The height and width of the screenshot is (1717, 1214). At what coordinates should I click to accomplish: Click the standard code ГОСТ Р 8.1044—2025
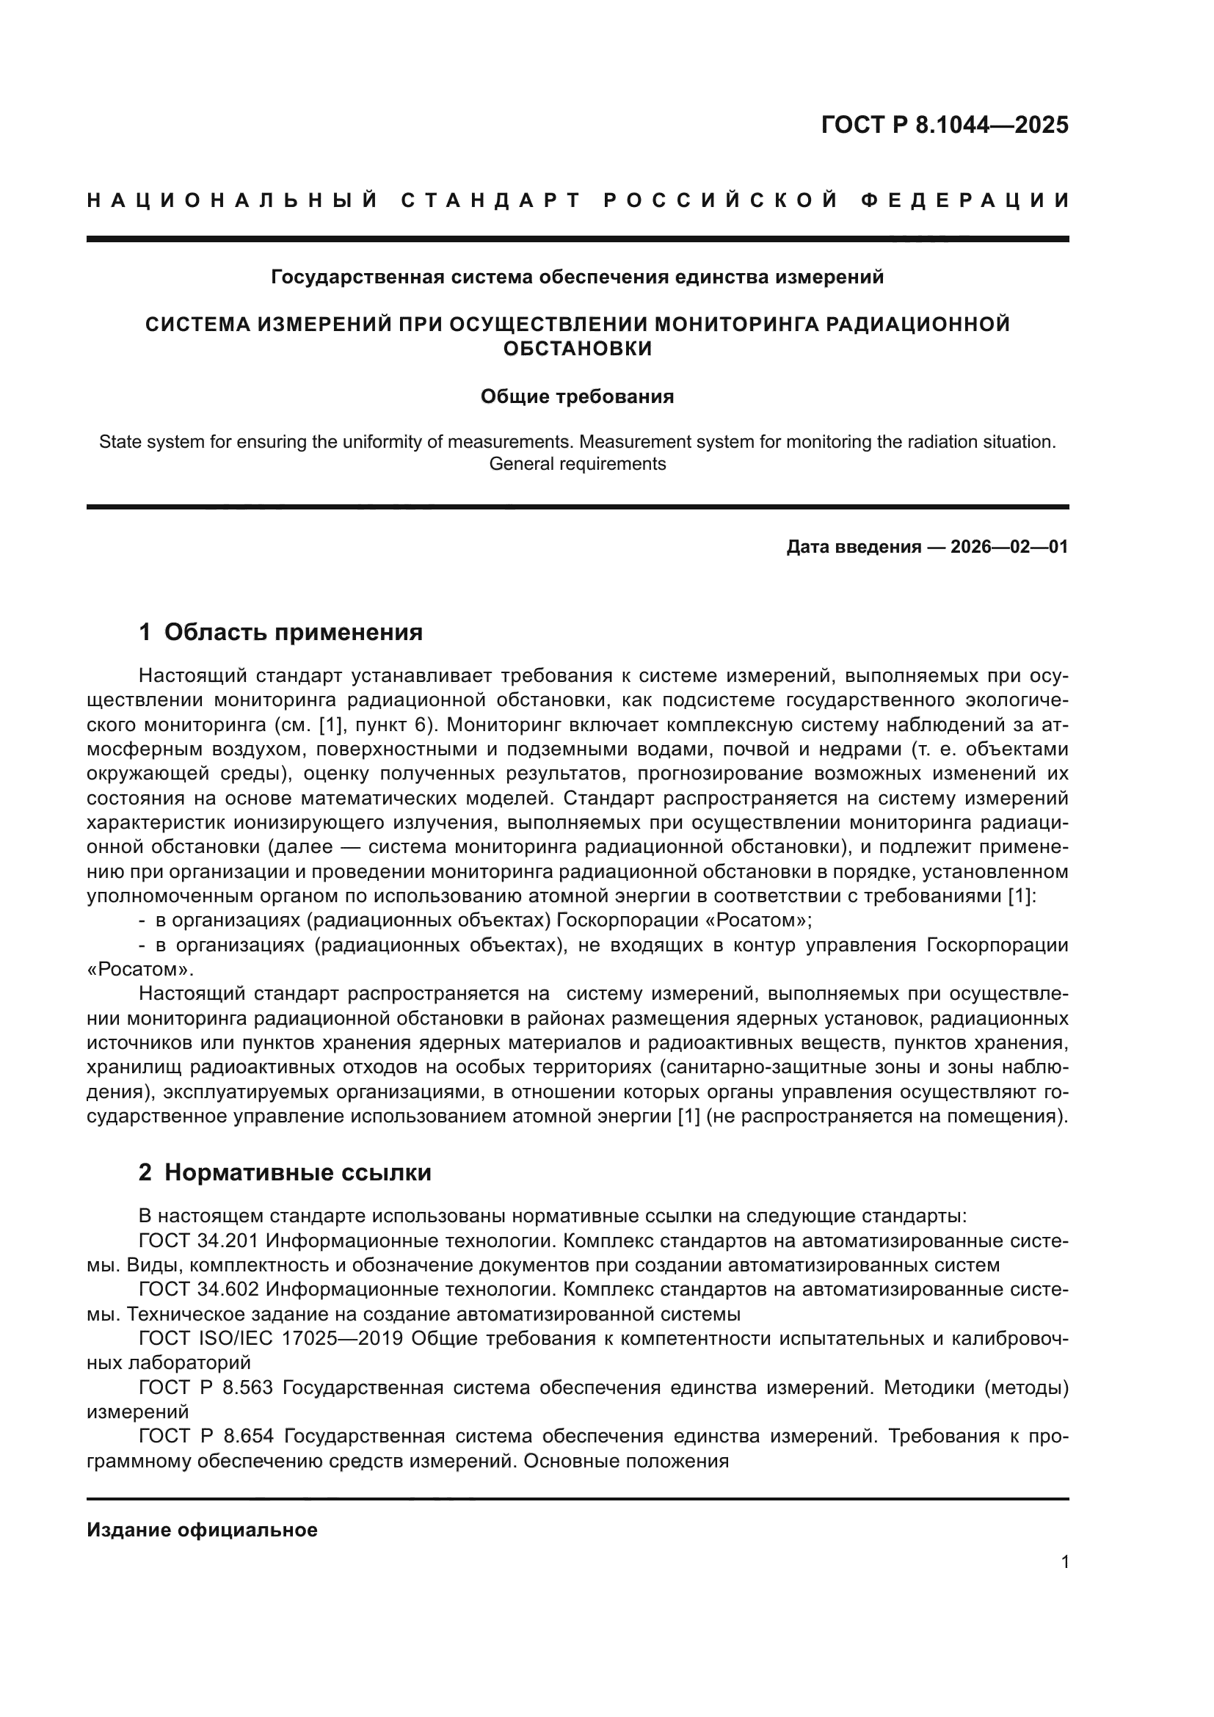(944, 125)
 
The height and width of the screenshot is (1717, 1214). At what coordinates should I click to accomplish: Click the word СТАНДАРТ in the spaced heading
(491, 200)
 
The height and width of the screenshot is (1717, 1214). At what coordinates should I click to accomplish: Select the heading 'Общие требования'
(576, 396)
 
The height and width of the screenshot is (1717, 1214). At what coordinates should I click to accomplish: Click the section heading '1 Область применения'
(280, 633)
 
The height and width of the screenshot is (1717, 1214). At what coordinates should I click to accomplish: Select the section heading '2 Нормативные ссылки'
(285, 1172)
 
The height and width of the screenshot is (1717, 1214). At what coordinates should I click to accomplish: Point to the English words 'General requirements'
(576, 464)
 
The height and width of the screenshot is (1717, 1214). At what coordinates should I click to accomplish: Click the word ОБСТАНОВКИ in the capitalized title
(576, 349)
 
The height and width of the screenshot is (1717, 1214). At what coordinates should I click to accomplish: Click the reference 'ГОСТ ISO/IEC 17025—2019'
(271, 1339)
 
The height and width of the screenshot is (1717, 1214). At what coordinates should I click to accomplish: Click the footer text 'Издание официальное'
(202, 1530)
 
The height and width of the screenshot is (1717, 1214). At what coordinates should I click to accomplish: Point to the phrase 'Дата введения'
(853, 547)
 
